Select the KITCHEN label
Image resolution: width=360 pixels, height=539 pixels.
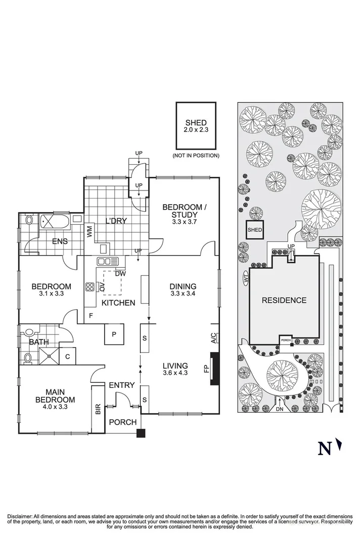[118, 303]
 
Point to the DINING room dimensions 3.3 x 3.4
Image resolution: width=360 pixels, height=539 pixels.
[184, 293]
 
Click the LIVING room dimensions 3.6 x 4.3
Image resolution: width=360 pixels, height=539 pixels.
[175, 374]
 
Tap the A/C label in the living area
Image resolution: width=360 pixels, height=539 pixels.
[213, 337]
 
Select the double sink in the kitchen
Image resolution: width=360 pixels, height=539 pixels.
[108, 262]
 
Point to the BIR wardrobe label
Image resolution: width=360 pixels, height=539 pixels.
[98, 408]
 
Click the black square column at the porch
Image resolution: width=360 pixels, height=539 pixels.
[141, 433]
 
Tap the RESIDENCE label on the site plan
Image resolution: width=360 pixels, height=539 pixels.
[284, 300]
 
